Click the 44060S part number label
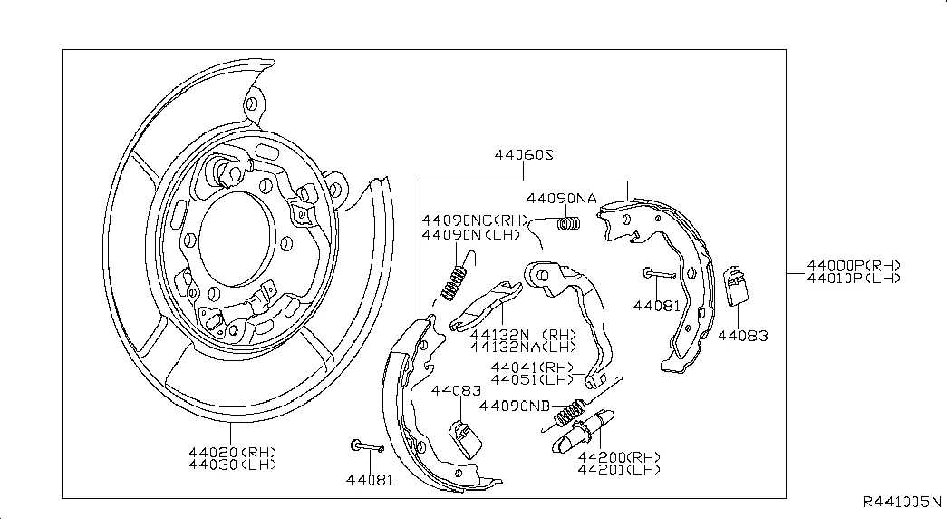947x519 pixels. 523,155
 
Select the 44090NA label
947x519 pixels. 562,199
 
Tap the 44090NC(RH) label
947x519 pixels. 473,220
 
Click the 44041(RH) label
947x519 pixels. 533,367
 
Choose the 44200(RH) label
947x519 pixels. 619,456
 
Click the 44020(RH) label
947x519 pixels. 232,452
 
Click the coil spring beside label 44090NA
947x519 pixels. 568,222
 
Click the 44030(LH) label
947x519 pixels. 232,465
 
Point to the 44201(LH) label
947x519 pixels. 619,469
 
